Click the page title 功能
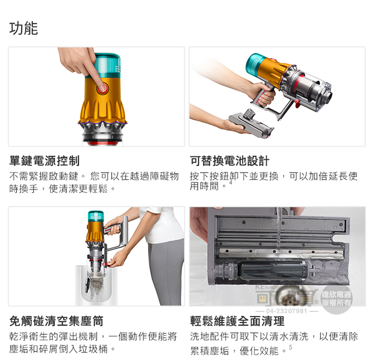24,28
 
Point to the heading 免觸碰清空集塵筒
56,321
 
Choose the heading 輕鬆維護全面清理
237,321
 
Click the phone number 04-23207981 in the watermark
286,311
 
